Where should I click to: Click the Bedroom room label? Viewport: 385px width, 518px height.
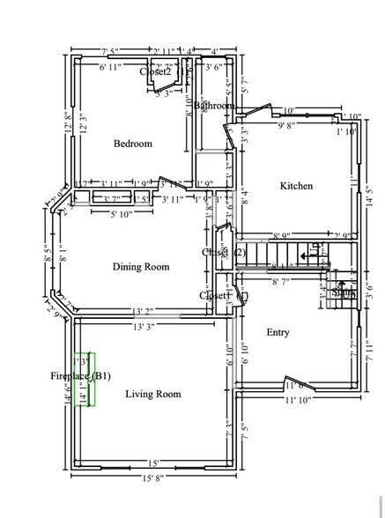(x=133, y=144)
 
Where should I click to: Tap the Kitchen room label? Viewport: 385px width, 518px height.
(x=296, y=186)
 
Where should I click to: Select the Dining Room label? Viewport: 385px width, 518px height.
(x=141, y=267)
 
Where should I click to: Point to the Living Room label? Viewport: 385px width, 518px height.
(x=153, y=394)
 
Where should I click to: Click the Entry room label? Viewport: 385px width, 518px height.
(x=278, y=332)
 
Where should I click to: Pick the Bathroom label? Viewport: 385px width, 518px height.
(x=215, y=106)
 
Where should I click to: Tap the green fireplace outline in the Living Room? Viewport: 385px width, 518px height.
(x=85, y=380)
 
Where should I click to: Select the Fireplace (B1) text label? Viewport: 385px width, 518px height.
(x=80, y=376)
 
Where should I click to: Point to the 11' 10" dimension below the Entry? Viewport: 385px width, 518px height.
(x=298, y=401)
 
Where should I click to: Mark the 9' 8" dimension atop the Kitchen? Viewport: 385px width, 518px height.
(x=287, y=126)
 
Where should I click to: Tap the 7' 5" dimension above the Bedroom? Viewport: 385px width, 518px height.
(x=115, y=51)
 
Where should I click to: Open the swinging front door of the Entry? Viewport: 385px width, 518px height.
(x=292, y=385)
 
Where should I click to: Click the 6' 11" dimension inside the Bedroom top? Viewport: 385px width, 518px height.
(x=115, y=67)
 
